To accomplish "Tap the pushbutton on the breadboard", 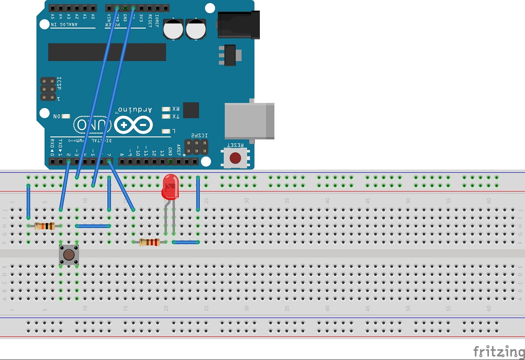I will click(69, 255).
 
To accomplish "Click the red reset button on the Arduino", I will click(235, 158).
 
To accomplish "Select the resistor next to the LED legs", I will click(150, 242).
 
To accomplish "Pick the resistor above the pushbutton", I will click(45, 226).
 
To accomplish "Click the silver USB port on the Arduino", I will click(249, 121).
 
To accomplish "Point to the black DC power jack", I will click(239, 25).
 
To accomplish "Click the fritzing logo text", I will click(498, 351).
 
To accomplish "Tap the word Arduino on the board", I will click(135, 110).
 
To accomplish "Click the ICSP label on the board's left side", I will click(59, 83).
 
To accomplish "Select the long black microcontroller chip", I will click(107, 52).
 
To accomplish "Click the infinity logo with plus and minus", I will click(133, 125).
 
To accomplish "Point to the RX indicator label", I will click(175, 109).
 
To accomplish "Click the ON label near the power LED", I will click(57, 116).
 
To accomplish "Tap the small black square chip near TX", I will click(191, 110).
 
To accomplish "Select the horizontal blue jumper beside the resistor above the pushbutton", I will click(93, 226).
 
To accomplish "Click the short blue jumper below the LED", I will click(186, 242).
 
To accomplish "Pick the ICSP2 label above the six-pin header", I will click(199, 135).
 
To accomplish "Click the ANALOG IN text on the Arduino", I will click(64, 24).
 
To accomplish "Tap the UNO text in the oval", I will click(92, 125).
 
